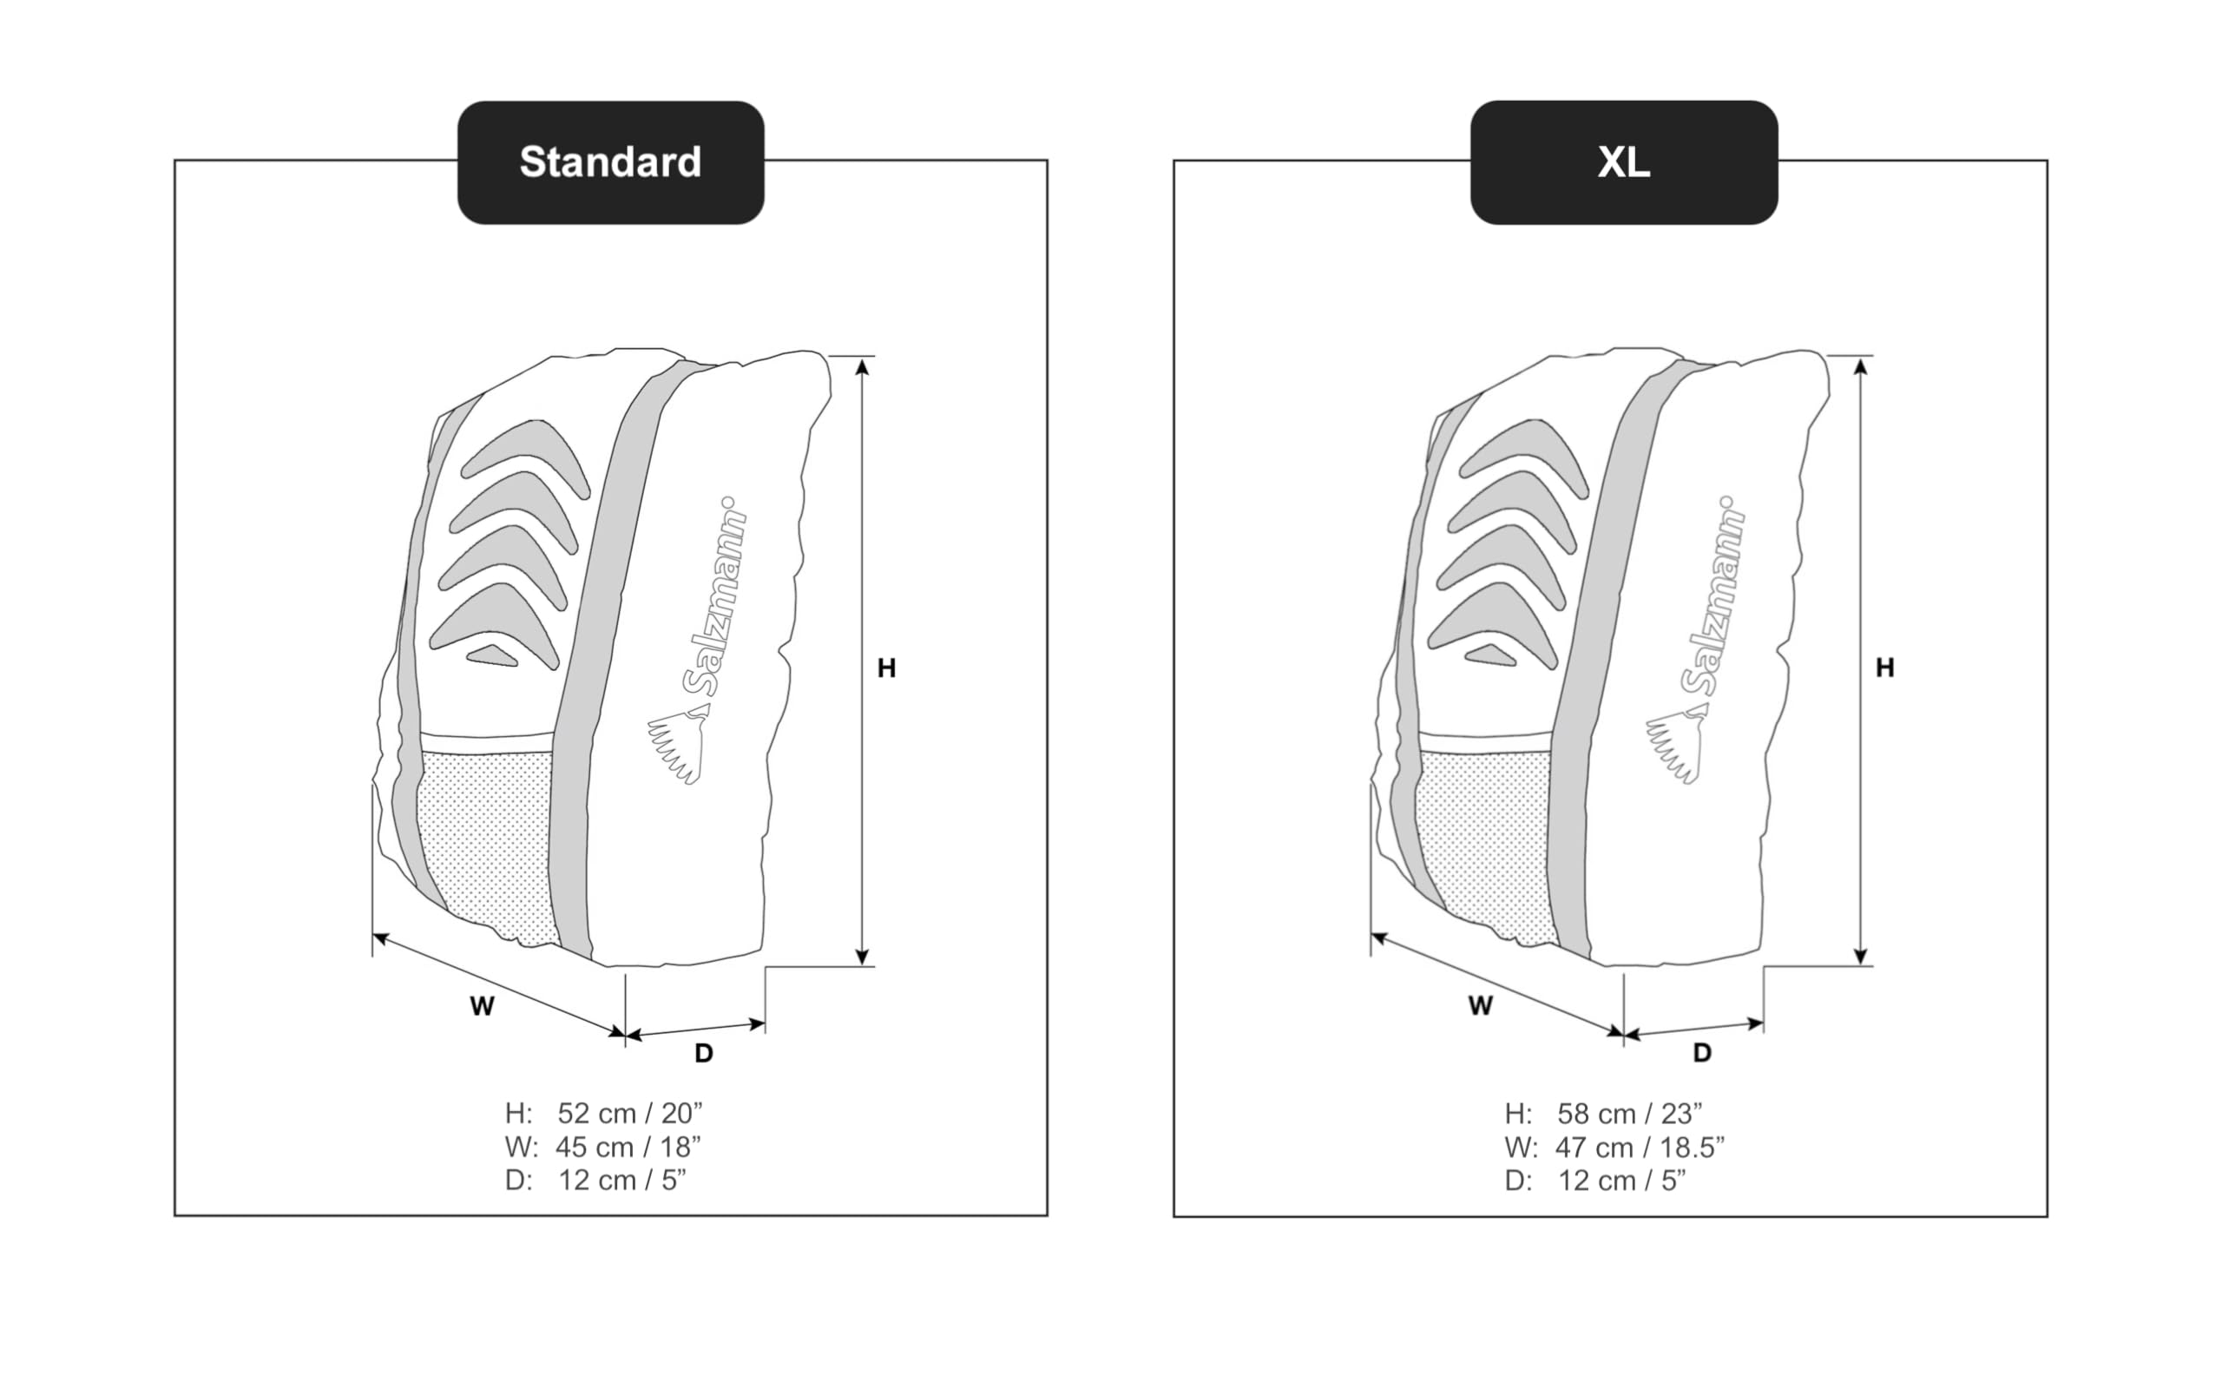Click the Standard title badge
610,163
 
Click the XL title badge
1624,163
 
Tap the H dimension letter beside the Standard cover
886,668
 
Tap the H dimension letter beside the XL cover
1884,668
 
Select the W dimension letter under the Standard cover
482,1006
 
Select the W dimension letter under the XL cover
1480,1005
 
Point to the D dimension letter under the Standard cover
704,1053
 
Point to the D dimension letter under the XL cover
1702,1053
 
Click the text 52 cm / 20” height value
630,1113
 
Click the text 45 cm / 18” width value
628,1147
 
